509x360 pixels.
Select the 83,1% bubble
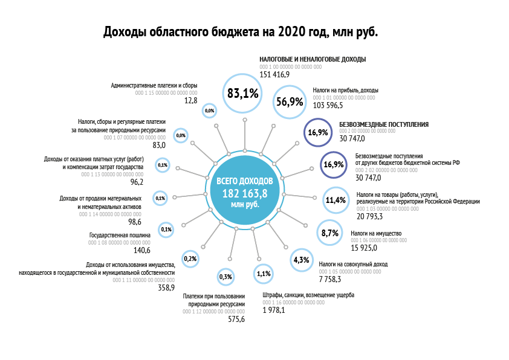[x=244, y=93]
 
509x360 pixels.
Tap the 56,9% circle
[x=289, y=101]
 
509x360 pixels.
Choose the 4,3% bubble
[x=301, y=260]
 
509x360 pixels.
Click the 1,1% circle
[x=263, y=273]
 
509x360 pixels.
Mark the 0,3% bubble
[x=225, y=277]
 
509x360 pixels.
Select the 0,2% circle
[x=190, y=259]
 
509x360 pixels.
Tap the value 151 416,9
[x=275, y=74]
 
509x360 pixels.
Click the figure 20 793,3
[x=370, y=216]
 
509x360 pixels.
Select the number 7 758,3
[x=330, y=279]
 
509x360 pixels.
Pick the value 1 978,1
[x=274, y=310]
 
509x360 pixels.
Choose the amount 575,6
[x=236, y=319]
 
